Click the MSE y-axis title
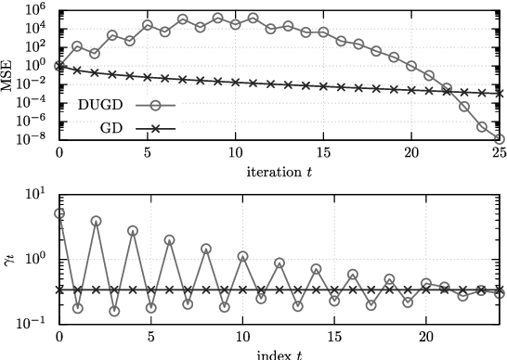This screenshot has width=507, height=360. [8, 74]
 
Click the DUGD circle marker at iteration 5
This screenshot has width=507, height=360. [148, 25]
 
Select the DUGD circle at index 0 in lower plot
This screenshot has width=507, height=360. [59, 213]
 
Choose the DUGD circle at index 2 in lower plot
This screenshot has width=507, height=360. [96, 221]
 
